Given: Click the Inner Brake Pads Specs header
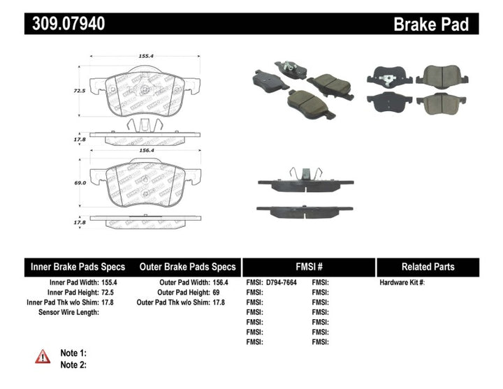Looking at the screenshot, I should [78, 267].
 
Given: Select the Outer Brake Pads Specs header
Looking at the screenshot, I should [188, 267].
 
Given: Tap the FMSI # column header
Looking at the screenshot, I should [309, 267].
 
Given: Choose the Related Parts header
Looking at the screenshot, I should [428, 267].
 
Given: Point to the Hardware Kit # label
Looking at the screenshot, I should [402, 283].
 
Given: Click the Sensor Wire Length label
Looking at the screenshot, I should [68, 312].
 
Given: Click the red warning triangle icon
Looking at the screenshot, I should [43, 357].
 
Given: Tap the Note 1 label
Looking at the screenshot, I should [74, 353].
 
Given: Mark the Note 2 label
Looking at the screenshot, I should [74, 365].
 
